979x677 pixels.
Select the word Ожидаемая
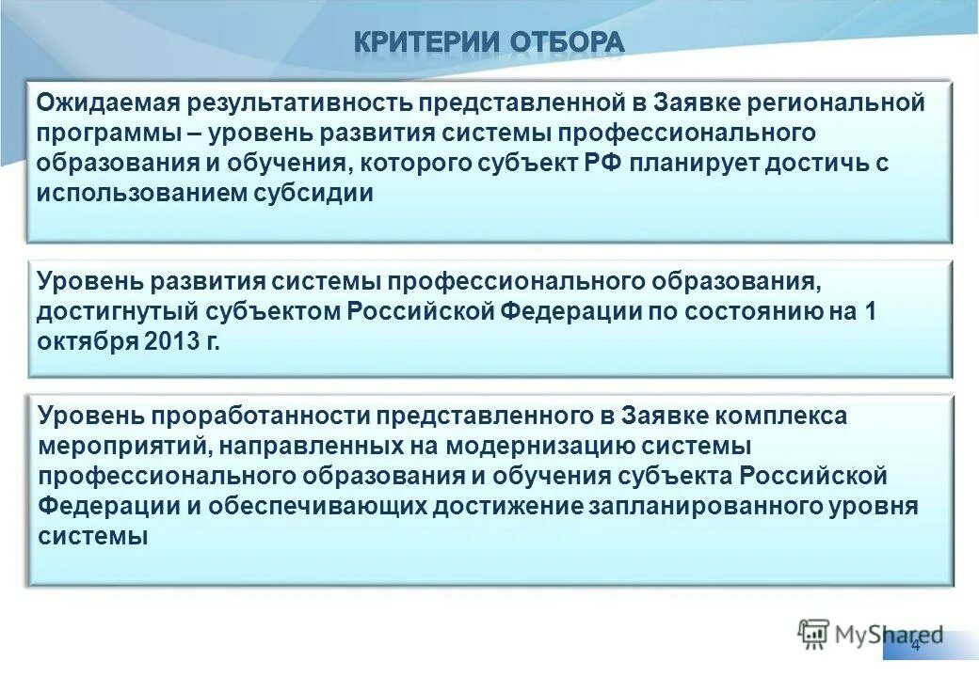coord(104,102)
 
